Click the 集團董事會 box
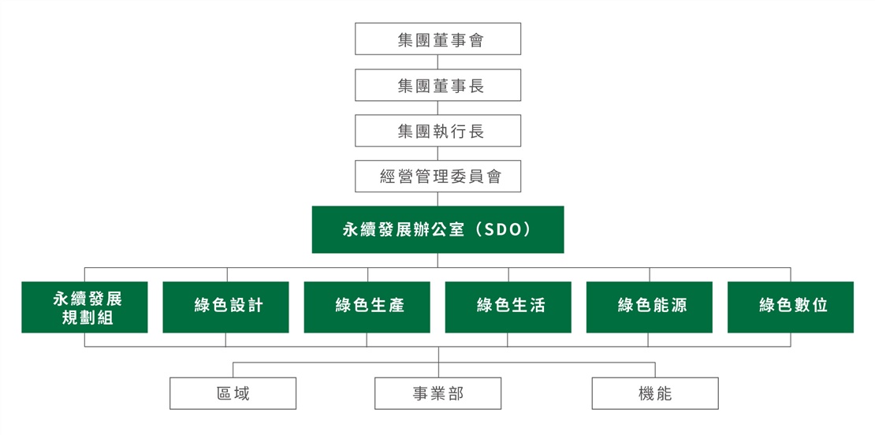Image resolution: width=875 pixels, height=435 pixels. point(438,39)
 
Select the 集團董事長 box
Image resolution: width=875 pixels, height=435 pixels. point(438,85)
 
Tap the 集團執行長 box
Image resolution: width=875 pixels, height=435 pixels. point(438,131)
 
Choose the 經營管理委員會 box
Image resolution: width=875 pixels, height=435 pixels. point(438,177)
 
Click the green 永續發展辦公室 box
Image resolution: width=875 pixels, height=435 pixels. point(438,230)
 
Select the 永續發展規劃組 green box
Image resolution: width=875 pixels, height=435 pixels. point(85,307)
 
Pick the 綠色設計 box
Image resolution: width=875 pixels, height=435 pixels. point(226,307)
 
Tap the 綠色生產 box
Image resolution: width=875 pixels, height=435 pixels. point(367,307)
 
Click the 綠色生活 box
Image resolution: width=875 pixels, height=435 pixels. point(508,307)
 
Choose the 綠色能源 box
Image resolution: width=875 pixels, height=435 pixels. point(650,307)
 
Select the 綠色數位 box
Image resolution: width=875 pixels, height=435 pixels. point(791,307)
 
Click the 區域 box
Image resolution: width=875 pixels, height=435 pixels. point(233,394)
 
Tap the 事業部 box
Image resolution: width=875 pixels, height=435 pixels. point(438,394)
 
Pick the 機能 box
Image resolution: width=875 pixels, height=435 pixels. point(655,394)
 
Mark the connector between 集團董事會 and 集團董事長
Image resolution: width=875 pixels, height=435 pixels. point(438,62)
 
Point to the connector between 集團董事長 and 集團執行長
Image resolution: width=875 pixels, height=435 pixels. point(438,108)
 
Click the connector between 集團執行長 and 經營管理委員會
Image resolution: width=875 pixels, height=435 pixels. point(438,154)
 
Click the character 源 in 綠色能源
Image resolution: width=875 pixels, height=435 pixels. point(680,306)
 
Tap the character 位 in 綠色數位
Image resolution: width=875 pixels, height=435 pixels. point(821,306)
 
